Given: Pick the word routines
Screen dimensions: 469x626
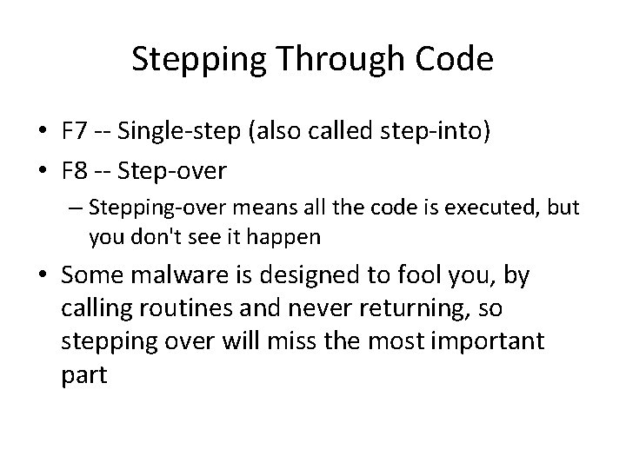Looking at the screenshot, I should coord(174,308).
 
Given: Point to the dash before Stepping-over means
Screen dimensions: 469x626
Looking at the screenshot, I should coord(77,209).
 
